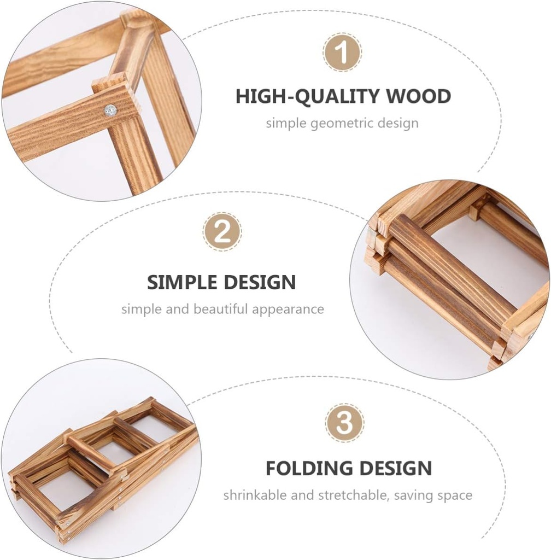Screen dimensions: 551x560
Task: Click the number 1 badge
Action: coord(342,52)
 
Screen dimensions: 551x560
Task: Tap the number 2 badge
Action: coord(222,231)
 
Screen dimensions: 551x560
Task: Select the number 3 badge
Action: coord(344,423)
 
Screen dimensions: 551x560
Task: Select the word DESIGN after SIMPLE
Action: coord(259,282)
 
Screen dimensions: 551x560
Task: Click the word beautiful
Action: coord(220,309)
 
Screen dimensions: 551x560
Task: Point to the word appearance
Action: coord(288,310)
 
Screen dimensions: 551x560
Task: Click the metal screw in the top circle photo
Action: coord(110,110)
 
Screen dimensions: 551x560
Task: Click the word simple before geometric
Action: coord(286,124)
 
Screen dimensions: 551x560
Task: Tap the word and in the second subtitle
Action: coord(177,309)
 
